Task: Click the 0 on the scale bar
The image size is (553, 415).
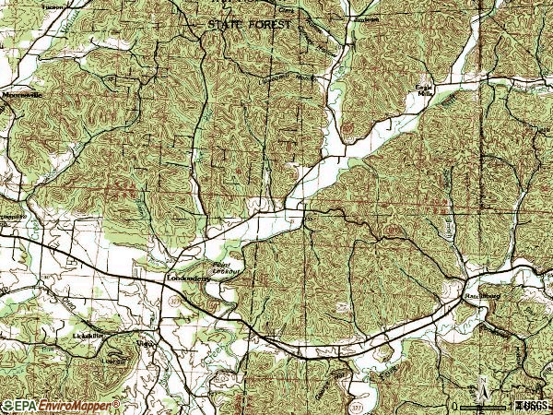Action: point(454,406)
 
